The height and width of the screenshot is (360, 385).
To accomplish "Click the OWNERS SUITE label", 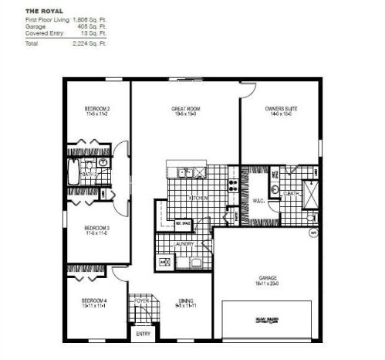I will pyautogui.click(x=279, y=110).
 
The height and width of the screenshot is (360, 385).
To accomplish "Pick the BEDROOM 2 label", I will pyautogui.click(x=97, y=110).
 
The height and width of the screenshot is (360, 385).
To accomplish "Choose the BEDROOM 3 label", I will pyautogui.click(x=97, y=228).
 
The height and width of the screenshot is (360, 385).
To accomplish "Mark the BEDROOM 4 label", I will pyautogui.click(x=96, y=302).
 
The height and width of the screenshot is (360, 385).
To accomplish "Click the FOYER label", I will pyautogui.click(x=143, y=302).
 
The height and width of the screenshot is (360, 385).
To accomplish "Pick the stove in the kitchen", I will pyautogui.click(x=231, y=185).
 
